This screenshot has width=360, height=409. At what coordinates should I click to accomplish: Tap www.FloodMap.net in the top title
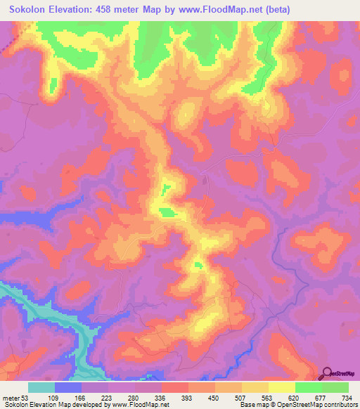[x=215, y=9]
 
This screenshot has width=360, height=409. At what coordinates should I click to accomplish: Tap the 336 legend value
[x=160, y=398]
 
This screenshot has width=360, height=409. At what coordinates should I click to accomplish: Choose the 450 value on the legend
[x=214, y=398]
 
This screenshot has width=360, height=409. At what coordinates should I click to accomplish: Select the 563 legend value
[x=266, y=398]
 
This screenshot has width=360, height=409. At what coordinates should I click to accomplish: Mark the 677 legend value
[x=320, y=398]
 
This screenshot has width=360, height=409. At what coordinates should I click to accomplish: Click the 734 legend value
[x=346, y=398]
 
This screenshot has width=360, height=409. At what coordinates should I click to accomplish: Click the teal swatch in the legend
[x=41, y=387]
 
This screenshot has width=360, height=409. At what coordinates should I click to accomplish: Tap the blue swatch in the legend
[x=68, y=387]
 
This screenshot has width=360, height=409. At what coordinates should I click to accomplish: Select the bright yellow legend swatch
[x=281, y=387]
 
